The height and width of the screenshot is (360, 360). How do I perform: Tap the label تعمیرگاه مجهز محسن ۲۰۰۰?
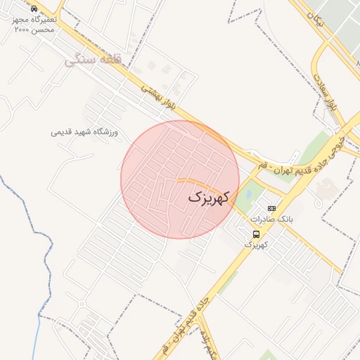(34, 26)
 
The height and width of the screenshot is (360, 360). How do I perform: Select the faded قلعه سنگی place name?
(93, 61)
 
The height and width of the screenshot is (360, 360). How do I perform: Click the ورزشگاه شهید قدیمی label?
(85, 132)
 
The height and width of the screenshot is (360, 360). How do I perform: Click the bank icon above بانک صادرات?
(272, 209)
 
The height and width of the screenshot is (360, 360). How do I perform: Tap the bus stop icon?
(256, 234)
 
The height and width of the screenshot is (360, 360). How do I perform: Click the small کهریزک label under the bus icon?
(257, 245)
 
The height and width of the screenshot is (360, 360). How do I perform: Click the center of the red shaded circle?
(180, 179)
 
